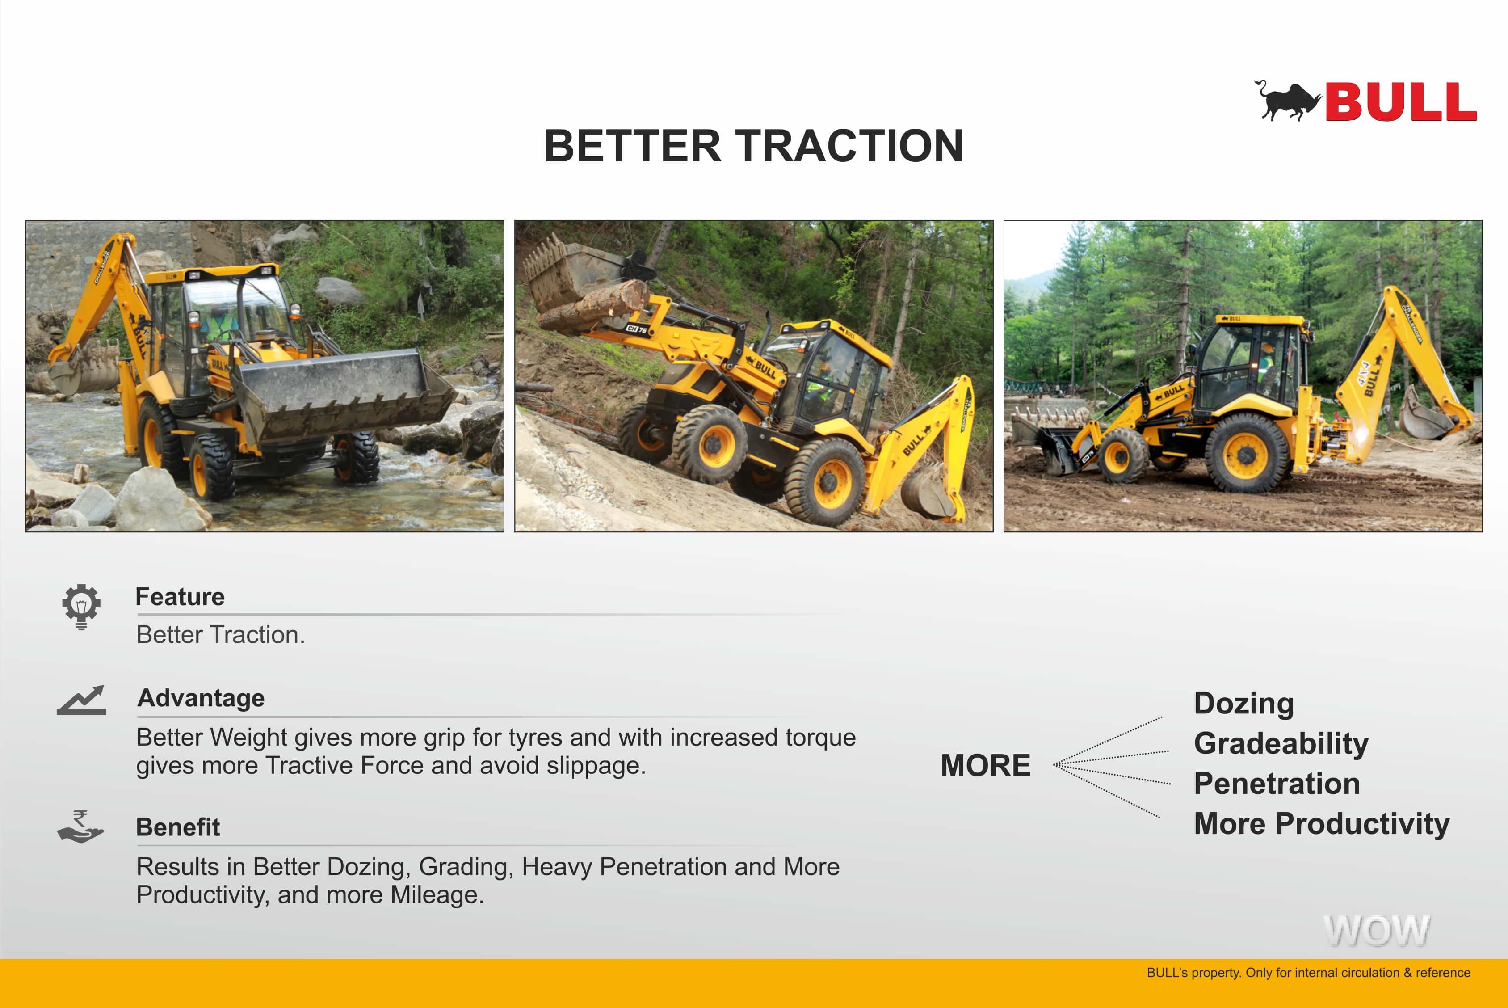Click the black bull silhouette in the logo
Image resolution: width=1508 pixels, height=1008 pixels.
pos(1287,101)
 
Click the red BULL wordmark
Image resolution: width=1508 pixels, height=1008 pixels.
pos(1401,101)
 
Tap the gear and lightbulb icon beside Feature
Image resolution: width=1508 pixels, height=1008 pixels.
pos(81,606)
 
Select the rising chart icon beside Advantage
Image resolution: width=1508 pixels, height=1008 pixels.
pos(81,700)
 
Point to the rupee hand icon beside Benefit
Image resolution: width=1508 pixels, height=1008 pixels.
pos(80,826)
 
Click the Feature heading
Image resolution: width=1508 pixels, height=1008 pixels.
pos(180,597)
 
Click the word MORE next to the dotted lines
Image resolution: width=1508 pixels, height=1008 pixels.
pos(986,766)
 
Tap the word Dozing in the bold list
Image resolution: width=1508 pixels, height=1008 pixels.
pos(1244,703)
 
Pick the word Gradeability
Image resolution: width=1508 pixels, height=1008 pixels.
pos(1281,744)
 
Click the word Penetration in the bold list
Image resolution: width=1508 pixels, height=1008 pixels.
pos(1277,784)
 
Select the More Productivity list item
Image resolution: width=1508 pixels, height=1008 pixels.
pos(1322,823)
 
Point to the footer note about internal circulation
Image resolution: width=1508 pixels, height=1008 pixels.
pos(1308,973)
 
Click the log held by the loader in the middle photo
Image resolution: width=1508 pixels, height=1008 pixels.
pos(592,306)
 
